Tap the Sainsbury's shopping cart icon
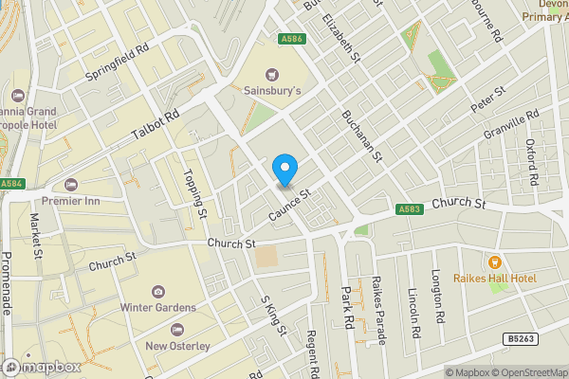coord(273,73)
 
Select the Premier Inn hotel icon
coord(69,184)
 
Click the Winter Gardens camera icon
coord(157,290)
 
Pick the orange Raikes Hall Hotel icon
coord(493,262)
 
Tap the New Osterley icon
coord(177,329)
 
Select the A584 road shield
coord(11,183)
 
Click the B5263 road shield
coord(516,338)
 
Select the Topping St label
coord(196,193)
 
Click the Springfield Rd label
coord(119,60)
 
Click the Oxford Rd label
coord(532,162)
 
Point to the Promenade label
coord(7,284)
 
